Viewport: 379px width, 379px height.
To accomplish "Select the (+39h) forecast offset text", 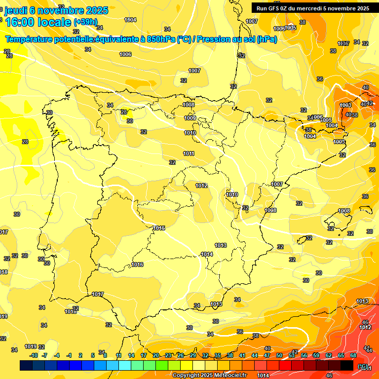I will pos(86,22).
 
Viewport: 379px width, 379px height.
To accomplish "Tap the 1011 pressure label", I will pos(189,153).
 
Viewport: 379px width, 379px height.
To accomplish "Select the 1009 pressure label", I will pos(190,118).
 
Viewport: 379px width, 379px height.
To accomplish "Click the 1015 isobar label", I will pos(159,228).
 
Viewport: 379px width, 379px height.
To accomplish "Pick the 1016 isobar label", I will pos(137,265).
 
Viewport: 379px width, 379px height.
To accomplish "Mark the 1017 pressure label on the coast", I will pos(98,295).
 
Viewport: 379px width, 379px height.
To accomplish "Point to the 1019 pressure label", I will pos(31,346).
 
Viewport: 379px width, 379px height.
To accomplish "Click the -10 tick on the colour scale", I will pos(34,355).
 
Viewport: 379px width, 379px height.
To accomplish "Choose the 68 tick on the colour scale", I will pos(353,355).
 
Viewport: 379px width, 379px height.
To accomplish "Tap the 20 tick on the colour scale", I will pos(156,355).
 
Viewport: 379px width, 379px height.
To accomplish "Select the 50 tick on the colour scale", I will pos(279,355).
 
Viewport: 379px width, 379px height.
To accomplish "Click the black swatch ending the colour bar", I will pos(347,365).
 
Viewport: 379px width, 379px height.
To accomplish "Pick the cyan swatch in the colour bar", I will pos(125,365).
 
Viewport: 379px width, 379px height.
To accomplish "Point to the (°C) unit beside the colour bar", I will pos(362,366).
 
